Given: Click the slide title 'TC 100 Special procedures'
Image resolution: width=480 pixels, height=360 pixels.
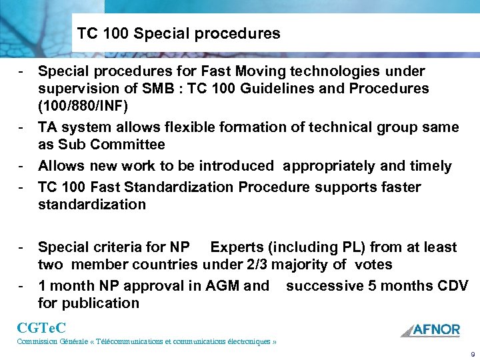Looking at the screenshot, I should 179,33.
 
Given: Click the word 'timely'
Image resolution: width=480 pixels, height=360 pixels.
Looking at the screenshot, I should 429,166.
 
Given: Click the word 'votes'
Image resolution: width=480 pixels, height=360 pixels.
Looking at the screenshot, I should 374,265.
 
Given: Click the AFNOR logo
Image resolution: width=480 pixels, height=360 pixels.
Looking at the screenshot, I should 430,329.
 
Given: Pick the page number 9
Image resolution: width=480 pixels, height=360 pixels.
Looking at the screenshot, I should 472,353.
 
